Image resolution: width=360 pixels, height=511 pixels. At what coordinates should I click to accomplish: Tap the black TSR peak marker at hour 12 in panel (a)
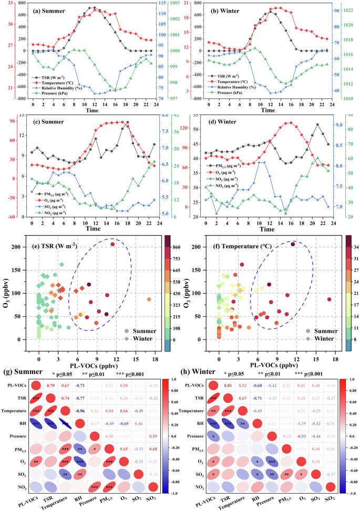click(93, 8)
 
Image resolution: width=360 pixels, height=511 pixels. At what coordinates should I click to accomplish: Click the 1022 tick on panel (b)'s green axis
click(349, 10)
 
